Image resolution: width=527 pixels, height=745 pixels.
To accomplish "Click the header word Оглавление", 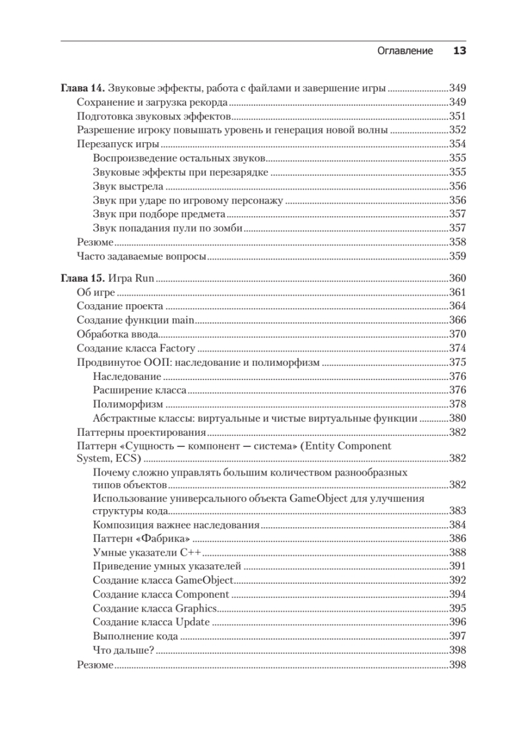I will [x=405, y=51].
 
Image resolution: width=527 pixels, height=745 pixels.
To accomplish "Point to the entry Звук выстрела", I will [x=128, y=186].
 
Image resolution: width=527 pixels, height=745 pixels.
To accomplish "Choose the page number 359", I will [x=457, y=256].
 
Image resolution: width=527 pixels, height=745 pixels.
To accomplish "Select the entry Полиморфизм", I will [x=124, y=404].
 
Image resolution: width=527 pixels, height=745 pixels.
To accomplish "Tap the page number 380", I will [x=457, y=418].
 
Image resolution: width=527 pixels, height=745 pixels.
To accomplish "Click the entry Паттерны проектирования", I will [x=141, y=432].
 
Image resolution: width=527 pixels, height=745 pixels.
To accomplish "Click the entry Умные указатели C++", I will [x=148, y=553].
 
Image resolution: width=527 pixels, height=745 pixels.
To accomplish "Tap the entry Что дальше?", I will [x=124, y=651].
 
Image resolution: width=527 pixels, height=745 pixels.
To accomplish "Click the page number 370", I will [x=457, y=334].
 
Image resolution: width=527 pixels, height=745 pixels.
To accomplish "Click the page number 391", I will [x=457, y=566].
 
